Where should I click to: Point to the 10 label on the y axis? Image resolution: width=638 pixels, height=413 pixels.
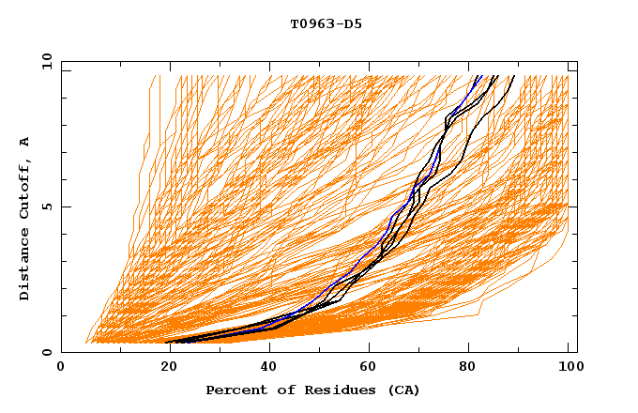click(x=47, y=60)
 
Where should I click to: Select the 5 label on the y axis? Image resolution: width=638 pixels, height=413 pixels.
click(x=51, y=206)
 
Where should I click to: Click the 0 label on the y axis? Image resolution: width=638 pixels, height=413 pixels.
click(x=51, y=352)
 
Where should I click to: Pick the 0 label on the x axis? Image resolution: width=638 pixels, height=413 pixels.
click(x=61, y=368)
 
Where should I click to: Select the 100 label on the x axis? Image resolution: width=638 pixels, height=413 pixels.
click(x=569, y=368)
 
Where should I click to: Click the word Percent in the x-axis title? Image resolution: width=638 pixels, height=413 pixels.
click(x=234, y=390)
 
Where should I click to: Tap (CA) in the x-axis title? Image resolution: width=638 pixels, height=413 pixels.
click(x=403, y=390)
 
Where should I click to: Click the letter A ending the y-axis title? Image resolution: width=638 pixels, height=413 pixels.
click(x=25, y=142)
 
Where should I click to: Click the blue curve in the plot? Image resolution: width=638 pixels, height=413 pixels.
click(x=390, y=222)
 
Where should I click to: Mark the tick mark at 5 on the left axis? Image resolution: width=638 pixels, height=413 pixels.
click(x=65, y=206)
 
